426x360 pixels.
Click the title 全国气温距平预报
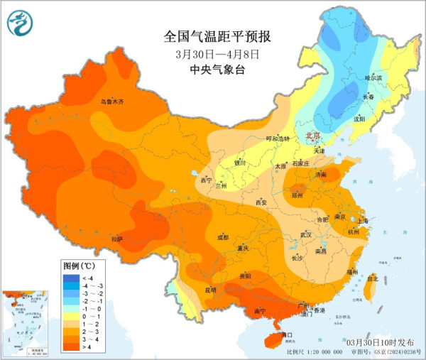(213, 36)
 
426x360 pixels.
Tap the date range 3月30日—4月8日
(213, 53)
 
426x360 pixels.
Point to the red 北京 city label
(312, 134)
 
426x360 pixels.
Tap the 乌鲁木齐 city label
(111, 102)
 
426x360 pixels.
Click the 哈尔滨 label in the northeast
(373, 77)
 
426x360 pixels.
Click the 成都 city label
(224, 237)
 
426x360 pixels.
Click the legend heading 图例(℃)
(77, 265)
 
